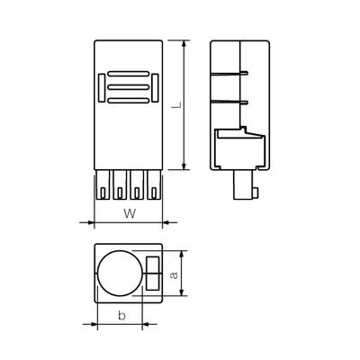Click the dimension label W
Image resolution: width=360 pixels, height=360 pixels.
click(129, 213)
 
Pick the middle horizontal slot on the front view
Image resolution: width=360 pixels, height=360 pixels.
click(128, 86)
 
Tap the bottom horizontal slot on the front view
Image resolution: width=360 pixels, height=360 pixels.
click(128, 100)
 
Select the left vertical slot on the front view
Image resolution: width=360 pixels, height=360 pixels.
click(100, 87)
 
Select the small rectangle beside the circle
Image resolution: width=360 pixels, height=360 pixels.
click(151, 273)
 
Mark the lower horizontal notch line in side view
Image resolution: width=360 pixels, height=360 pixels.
click(230, 104)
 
